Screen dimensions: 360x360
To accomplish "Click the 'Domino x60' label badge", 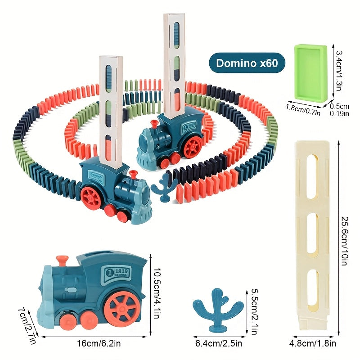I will [247, 63].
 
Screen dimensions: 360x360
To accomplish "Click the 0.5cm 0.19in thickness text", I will [340, 109].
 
